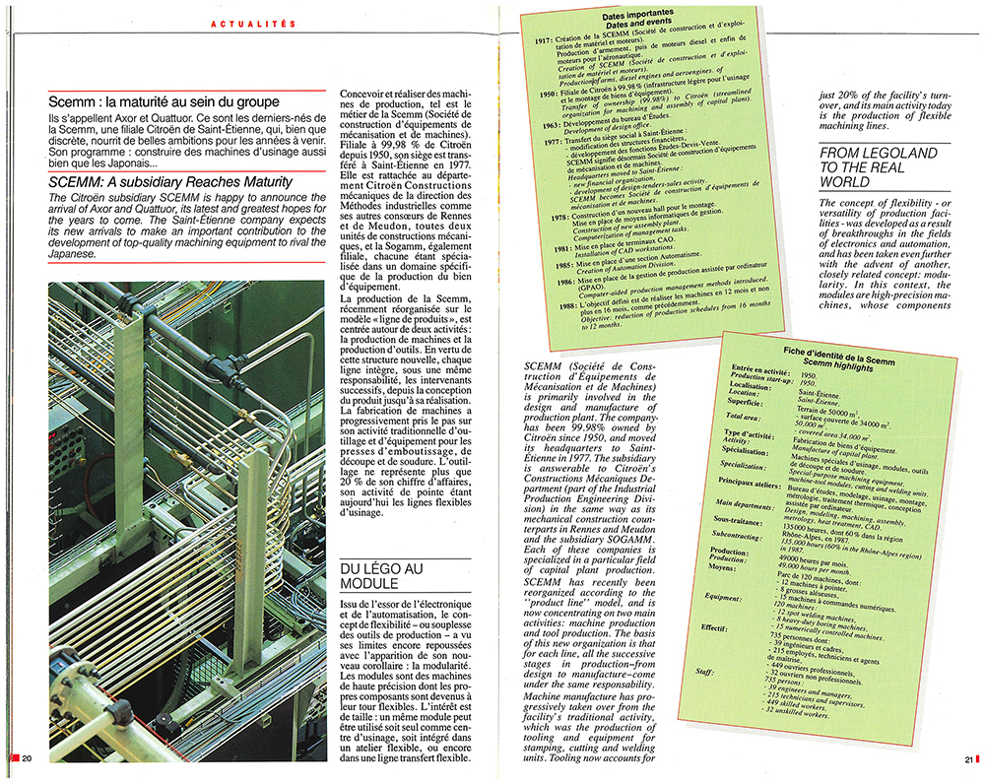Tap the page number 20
28,756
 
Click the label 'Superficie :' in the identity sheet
754,403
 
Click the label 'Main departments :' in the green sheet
754,501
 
